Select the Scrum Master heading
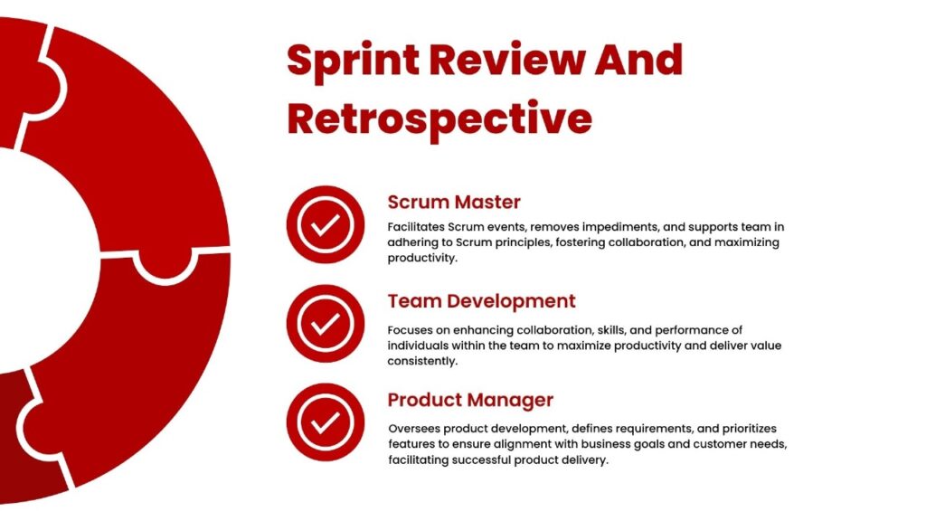(454, 202)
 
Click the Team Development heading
(481, 301)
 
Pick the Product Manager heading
(470, 401)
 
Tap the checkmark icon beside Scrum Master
(326, 224)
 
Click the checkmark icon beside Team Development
(326, 324)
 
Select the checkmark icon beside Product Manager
(326, 422)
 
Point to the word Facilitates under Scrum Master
(416, 227)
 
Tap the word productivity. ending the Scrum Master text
(422, 258)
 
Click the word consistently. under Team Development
(422, 362)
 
